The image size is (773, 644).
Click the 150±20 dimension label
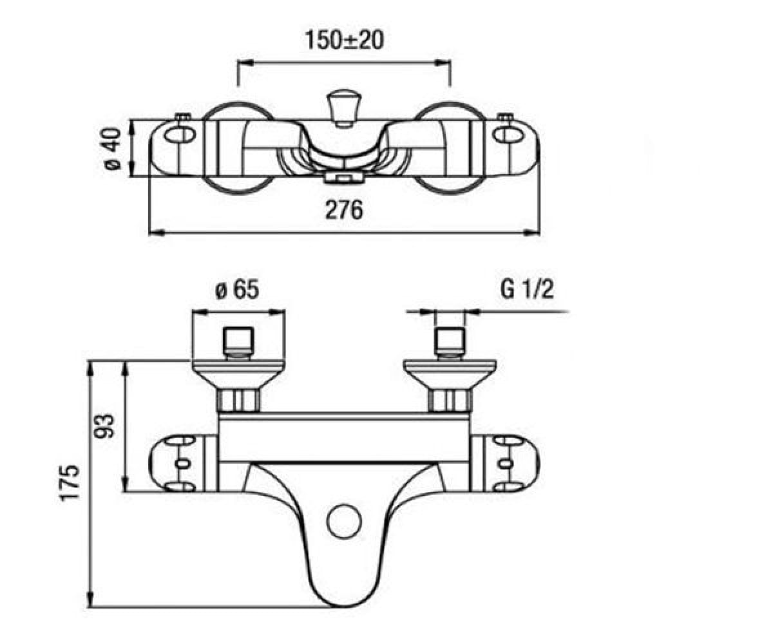(344, 40)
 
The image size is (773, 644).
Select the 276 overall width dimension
(344, 210)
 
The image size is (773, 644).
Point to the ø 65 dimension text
(237, 290)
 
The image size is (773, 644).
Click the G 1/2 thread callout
(527, 289)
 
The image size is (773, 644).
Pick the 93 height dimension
(104, 426)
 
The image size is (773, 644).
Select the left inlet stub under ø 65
(239, 343)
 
